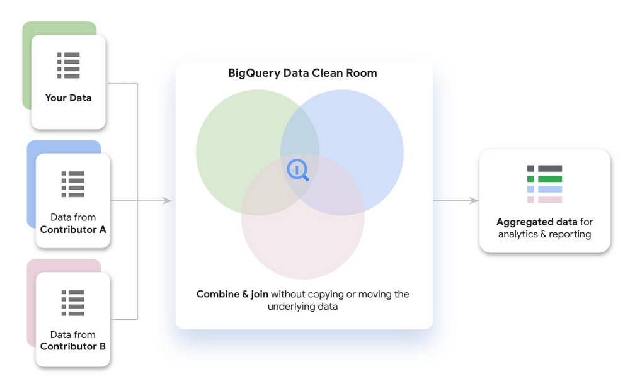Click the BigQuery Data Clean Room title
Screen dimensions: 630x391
pyautogui.click(x=302, y=73)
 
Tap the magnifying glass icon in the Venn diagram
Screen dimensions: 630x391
pyautogui.click(x=298, y=170)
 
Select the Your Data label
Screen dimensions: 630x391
pyautogui.click(x=68, y=98)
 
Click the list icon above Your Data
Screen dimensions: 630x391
pyautogui.click(x=68, y=65)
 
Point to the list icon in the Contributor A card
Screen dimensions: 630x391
pyautogui.click(x=72, y=184)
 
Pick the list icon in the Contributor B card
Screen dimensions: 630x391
pyautogui.click(x=72, y=303)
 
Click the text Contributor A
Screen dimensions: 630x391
pyautogui.click(x=73, y=230)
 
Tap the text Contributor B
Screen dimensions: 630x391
pyautogui.click(x=72, y=346)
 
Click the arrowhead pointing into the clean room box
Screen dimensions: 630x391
pyautogui.click(x=168, y=200)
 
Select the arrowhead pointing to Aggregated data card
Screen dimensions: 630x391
pyautogui.click(x=474, y=200)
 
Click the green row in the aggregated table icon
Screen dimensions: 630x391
pyautogui.click(x=545, y=179)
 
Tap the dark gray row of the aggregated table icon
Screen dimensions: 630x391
pyautogui.click(x=545, y=169)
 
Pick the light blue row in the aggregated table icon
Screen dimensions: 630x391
pyautogui.click(x=545, y=190)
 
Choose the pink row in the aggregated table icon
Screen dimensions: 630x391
pyautogui.click(x=545, y=200)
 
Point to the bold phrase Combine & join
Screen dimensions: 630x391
pyautogui.click(x=232, y=294)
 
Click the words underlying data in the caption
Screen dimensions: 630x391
pyautogui.click(x=302, y=307)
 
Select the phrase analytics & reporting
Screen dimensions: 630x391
pyautogui.click(x=544, y=234)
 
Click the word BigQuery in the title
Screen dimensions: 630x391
pyautogui.click(x=254, y=74)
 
